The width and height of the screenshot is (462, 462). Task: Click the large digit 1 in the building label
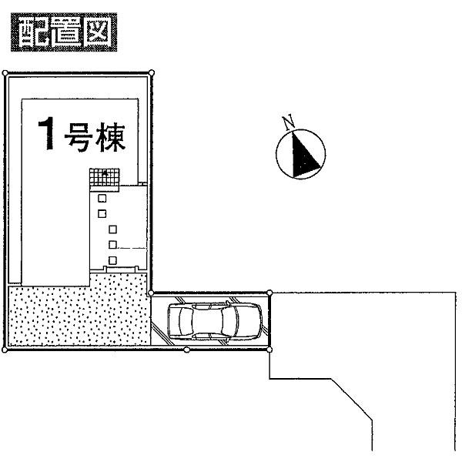coord(48,136)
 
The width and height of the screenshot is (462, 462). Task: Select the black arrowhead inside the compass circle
coord(303,153)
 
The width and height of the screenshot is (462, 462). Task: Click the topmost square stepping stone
coord(102,196)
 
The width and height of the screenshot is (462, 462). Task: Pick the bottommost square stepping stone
coord(112,259)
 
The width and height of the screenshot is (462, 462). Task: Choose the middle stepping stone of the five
coord(112,229)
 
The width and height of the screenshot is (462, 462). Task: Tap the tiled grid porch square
coord(104,178)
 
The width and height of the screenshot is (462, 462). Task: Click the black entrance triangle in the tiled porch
coord(104,174)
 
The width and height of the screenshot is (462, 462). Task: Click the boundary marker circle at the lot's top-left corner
coord(5,73)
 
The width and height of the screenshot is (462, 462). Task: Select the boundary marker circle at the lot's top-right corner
coord(151,73)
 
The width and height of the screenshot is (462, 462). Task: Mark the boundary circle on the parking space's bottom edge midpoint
coord(187,350)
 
